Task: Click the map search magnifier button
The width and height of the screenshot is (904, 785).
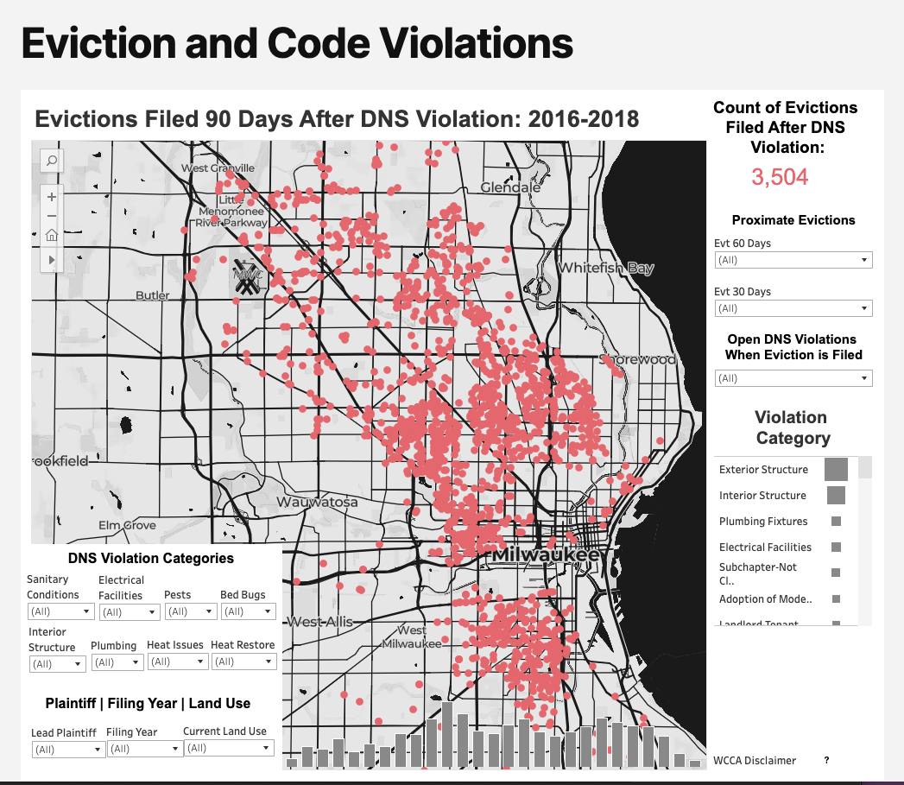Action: pos(52,161)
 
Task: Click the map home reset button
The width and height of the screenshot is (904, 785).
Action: pos(52,235)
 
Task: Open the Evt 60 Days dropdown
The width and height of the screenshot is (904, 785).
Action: pos(793,260)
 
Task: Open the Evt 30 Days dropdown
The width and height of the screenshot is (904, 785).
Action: pos(793,308)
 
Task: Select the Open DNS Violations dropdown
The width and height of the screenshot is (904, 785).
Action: pos(793,378)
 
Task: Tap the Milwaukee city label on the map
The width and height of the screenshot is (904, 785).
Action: pos(545,555)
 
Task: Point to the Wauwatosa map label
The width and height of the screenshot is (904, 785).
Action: pos(317,502)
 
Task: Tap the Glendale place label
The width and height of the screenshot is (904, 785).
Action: pos(510,187)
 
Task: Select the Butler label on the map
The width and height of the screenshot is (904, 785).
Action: pos(153,295)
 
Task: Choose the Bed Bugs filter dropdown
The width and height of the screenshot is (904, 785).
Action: pos(248,611)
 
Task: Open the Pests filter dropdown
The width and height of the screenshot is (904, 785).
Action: pos(190,611)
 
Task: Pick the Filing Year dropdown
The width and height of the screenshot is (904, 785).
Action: pos(144,749)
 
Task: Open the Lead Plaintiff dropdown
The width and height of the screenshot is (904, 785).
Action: pos(67,750)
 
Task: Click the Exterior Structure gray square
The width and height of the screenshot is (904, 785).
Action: pos(836,469)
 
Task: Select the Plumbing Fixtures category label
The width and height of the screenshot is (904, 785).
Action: pos(763,522)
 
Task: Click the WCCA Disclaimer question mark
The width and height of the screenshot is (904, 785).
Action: pos(826,760)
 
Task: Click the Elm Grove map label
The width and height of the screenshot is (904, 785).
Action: pos(128,525)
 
